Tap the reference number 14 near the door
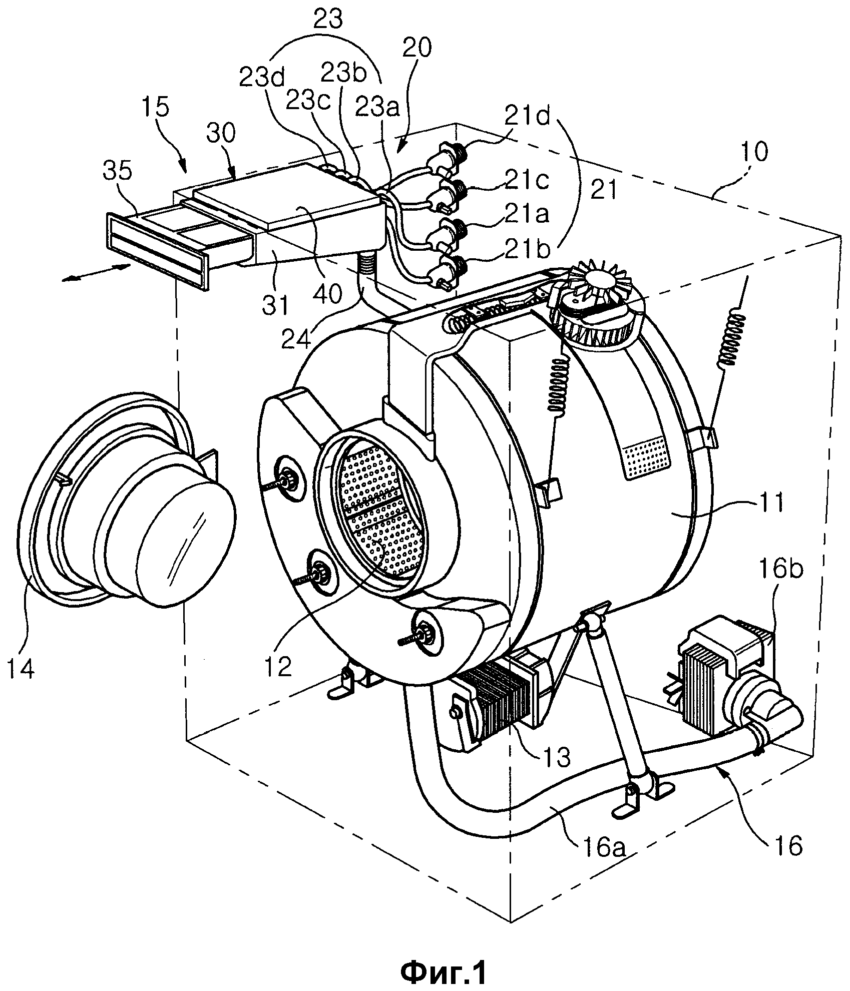[x=21, y=668]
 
